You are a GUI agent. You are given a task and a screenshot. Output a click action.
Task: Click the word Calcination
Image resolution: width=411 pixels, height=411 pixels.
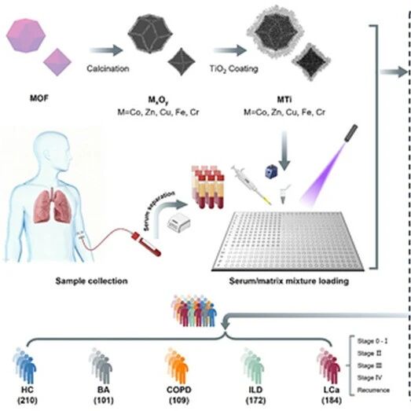[x=108, y=68]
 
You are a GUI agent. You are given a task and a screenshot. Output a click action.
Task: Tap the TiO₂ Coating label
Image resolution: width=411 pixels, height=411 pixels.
[x=234, y=69]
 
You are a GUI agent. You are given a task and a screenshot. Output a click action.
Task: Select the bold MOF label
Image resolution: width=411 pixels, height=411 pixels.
[x=39, y=98]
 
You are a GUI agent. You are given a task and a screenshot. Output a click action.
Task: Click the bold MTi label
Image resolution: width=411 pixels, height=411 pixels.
[x=284, y=100]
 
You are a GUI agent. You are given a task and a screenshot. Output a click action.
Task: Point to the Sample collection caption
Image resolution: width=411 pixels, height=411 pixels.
[x=91, y=281]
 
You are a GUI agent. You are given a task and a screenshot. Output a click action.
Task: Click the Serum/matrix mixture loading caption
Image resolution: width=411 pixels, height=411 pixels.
[x=289, y=281]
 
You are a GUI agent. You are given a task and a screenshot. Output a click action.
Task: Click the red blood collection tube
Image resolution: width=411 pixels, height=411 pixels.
[x=146, y=244]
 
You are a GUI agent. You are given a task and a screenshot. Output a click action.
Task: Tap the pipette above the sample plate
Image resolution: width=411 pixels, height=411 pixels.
[x=251, y=185]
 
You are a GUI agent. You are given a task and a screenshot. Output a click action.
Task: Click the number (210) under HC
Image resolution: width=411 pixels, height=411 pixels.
[x=28, y=401]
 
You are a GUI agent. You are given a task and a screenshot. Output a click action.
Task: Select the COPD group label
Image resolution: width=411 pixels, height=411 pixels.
[x=179, y=390]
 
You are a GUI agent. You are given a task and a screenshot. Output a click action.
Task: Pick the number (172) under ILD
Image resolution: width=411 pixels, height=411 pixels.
[x=255, y=401]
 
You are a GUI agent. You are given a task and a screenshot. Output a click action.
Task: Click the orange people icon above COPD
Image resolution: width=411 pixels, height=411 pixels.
[x=176, y=366]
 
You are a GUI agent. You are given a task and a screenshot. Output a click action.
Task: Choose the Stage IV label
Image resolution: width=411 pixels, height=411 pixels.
[x=369, y=378]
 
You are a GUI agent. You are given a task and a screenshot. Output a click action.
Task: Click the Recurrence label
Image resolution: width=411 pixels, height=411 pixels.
[x=373, y=390]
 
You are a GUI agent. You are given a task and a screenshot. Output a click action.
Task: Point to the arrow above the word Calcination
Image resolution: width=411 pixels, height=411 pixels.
[x=106, y=50]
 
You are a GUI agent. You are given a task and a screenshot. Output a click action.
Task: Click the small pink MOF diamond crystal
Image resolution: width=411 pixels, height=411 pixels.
[x=57, y=62]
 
